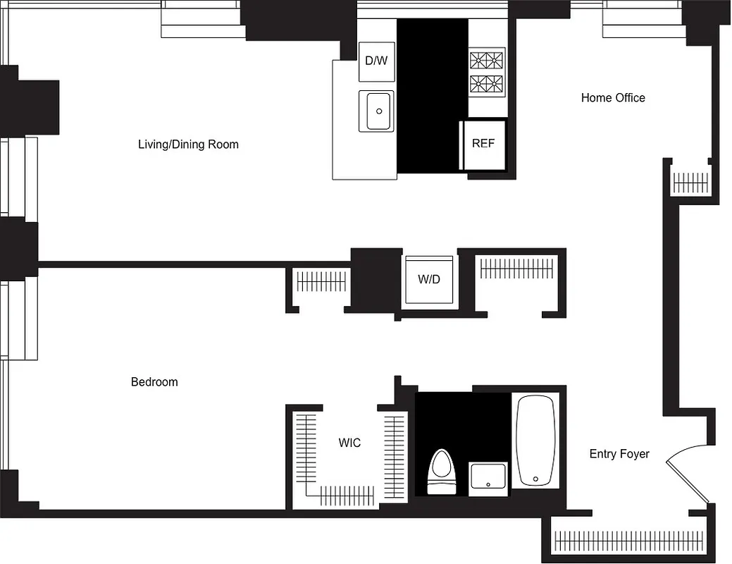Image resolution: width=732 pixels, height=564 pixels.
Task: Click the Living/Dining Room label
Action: pos(188,145)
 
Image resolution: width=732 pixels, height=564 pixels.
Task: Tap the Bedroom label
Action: pos(154,382)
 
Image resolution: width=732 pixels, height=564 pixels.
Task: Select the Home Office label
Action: pos(613,98)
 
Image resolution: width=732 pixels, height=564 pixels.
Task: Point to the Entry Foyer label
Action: pos(619,454)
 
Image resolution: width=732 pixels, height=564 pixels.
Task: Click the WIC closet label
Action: pos(349,443)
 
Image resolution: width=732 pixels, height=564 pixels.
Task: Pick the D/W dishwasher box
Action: pos(376,61)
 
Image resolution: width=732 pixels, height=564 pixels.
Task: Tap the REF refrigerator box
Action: pos(483,144)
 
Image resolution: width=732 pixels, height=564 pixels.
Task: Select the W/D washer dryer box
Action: pos(428,280)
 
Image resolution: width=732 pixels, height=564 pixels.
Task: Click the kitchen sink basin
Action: pos(379,111)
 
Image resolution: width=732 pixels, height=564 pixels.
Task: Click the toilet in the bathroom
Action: pos(442,472)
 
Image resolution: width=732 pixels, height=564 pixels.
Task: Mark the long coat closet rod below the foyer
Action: pos(629,540)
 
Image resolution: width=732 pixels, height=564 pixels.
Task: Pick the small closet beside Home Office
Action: pos(690,183)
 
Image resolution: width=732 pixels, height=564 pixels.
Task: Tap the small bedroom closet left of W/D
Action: pos(321,282)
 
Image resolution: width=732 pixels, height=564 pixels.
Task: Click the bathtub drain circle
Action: pos(536,479)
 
